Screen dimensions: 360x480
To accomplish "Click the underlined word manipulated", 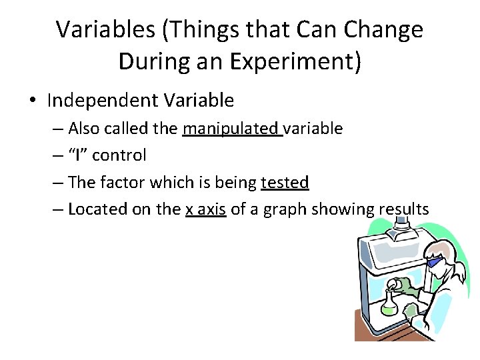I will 232,128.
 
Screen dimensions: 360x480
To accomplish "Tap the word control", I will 119,155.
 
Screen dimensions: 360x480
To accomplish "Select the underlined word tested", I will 285,182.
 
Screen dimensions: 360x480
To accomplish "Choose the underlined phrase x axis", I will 205,209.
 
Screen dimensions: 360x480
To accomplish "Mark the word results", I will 403,209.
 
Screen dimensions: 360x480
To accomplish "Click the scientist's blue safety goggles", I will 434,261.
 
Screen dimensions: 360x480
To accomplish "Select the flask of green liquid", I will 389,303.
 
